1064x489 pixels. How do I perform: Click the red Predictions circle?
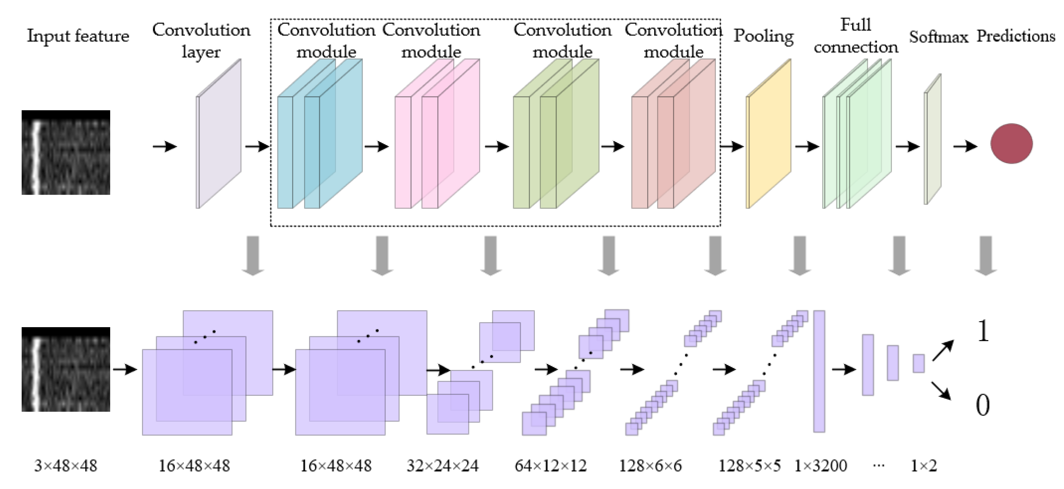(1011, 144)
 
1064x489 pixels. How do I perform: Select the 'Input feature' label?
(78, 36)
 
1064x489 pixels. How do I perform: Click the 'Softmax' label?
(938, 37)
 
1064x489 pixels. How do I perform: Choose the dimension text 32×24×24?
(442, 466)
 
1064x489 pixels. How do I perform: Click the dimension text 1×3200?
(820, 466)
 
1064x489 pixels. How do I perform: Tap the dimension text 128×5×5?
(749, 466)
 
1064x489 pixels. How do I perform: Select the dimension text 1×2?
(924, 466)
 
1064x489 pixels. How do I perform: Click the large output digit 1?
(983, 331)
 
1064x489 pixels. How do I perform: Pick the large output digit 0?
(983, 405)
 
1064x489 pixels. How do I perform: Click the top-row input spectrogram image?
(66, 152)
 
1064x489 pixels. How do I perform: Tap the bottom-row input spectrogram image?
(66, 369)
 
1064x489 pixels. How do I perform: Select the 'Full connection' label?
(856, 36)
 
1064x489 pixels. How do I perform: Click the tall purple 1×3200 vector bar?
(819, 371)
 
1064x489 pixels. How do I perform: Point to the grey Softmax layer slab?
(933, 139)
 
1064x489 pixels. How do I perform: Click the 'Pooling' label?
(763, 36)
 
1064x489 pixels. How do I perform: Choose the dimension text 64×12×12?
(550, 466)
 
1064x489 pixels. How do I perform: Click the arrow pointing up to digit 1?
(943, 350)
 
